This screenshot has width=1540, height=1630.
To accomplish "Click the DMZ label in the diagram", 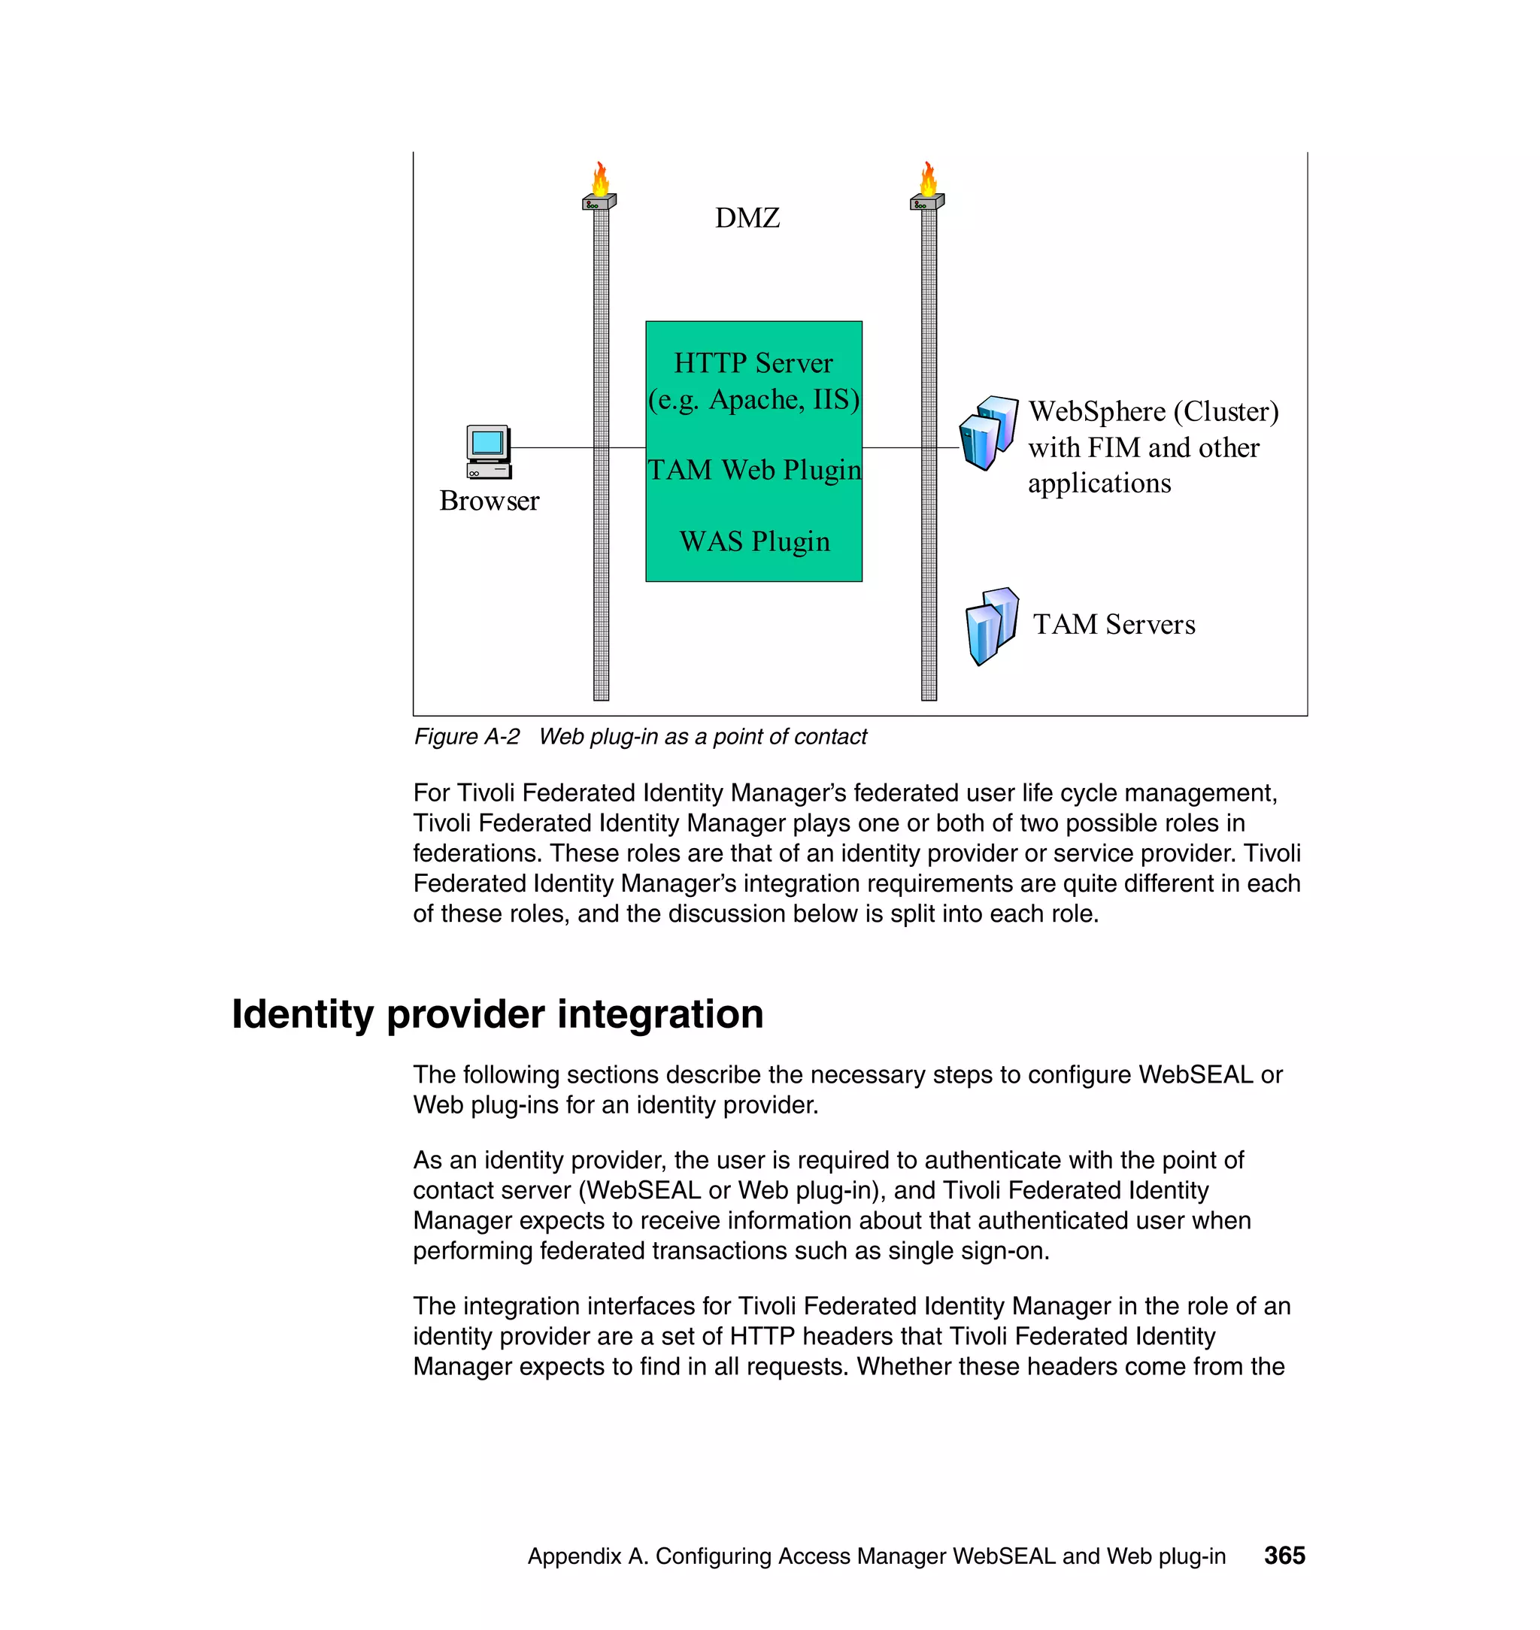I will (x=746, y=218).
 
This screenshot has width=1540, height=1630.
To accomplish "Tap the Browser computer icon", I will (x=489, y=451).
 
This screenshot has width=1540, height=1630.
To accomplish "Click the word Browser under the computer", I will (x=490, y=501).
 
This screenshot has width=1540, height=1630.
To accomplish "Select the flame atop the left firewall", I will (x=601, y=179).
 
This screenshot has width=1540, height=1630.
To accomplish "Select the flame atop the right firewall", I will (x=929, y=179).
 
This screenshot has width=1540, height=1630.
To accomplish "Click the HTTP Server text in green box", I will (x=753, y=363).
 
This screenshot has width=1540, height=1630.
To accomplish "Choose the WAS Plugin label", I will (x=753, y=541).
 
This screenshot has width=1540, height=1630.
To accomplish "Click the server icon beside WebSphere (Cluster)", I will (x=988, y=432).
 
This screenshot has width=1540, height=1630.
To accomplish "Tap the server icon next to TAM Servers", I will (x=992, y=626).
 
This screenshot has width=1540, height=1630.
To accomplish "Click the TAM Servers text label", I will (x=1113, y=625).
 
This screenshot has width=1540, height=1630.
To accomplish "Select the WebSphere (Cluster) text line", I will (x=1153, y=411).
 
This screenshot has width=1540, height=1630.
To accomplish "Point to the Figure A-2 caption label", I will (x=466, y=736).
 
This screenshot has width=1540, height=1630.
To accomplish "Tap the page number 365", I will (x=1284, y=1556).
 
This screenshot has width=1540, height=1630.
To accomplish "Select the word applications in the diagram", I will (x=1099, y=483).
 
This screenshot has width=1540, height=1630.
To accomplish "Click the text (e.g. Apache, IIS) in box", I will (x=753, y=400).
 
